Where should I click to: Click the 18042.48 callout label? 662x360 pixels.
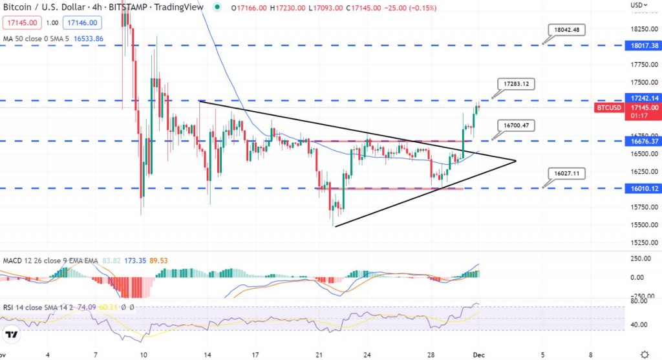pos(566,30)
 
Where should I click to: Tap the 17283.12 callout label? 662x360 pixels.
pos(517,84)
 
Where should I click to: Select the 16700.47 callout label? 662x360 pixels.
pos(517,125)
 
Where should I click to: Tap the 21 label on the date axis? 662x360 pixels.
pos(318,354)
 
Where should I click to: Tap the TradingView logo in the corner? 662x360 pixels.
pos(11,334)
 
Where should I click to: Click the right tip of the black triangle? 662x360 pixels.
pos(515,160)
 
